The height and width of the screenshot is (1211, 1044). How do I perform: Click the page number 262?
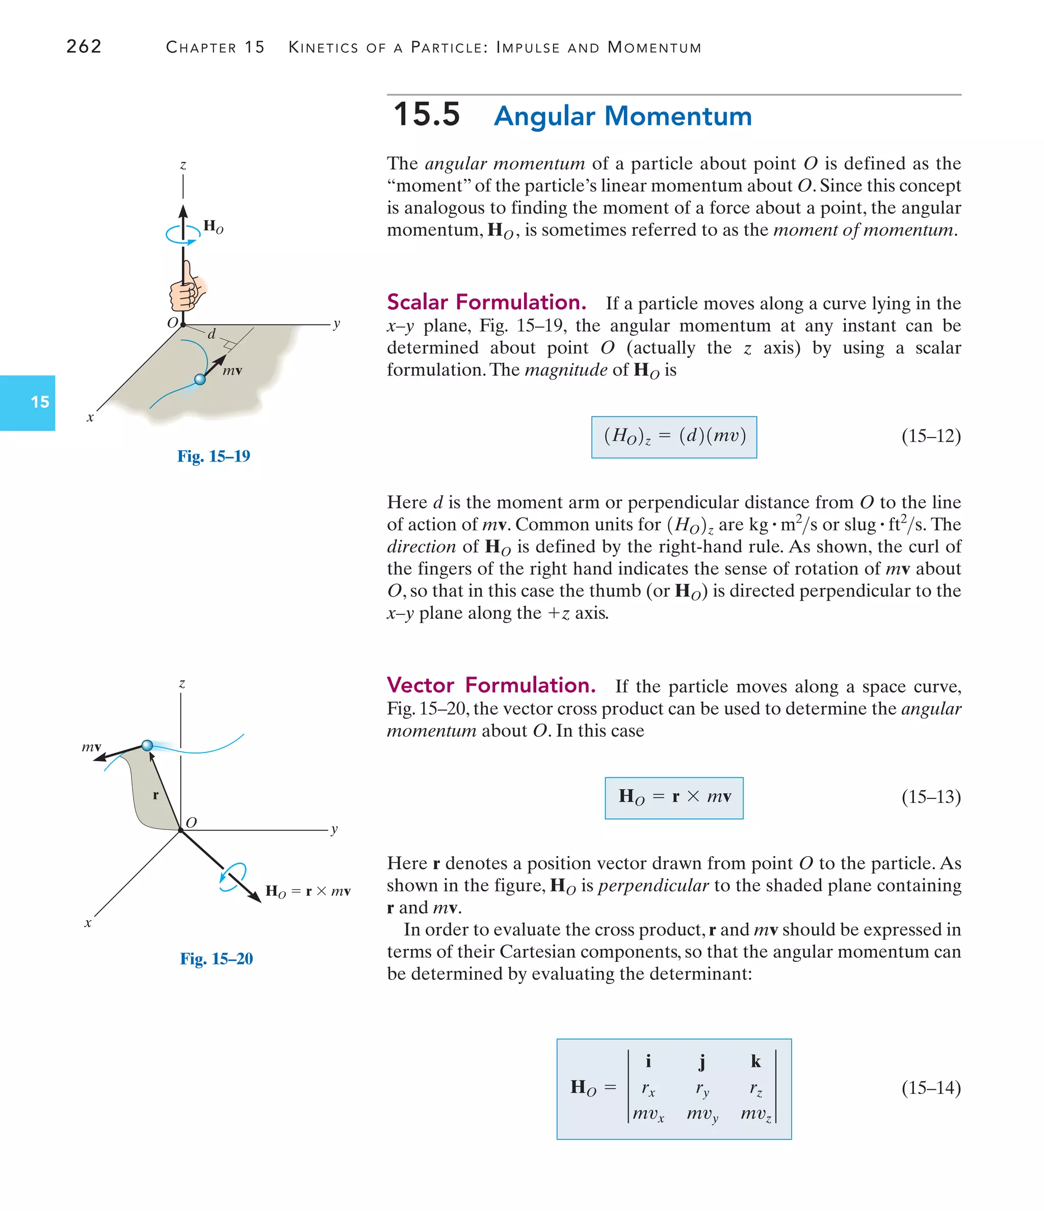tap(84, 46)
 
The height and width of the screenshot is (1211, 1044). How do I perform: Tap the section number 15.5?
tap(426, 115)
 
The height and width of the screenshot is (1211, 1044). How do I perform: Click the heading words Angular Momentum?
tap(622, 116)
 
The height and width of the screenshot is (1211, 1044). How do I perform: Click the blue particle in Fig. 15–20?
tap(147, 745)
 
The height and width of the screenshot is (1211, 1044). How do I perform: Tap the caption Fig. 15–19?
tap(214, 456)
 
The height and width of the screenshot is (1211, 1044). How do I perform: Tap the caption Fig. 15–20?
tap(217, 958)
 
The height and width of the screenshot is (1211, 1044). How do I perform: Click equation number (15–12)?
tap(930, 436)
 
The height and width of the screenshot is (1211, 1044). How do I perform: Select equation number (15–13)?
tap(930, 797)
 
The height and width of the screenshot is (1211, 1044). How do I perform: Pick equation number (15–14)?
tap(930, 1088)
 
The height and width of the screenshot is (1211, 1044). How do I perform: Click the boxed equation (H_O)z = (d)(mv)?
tap(674, 437)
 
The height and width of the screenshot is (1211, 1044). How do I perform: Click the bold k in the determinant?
tap(755, 1061)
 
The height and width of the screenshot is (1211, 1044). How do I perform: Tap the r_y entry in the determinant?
tap(702, 1089)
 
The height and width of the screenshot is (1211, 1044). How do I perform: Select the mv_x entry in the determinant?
tap(648, 1114)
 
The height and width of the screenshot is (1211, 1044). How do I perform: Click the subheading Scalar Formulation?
tap(486, 302)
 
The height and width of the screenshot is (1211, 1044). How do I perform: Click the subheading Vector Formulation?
tap(491, 685)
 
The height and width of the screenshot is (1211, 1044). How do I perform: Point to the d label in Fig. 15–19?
tap(212, 333)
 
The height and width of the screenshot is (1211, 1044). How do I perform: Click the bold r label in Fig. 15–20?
tap(155, 795)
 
